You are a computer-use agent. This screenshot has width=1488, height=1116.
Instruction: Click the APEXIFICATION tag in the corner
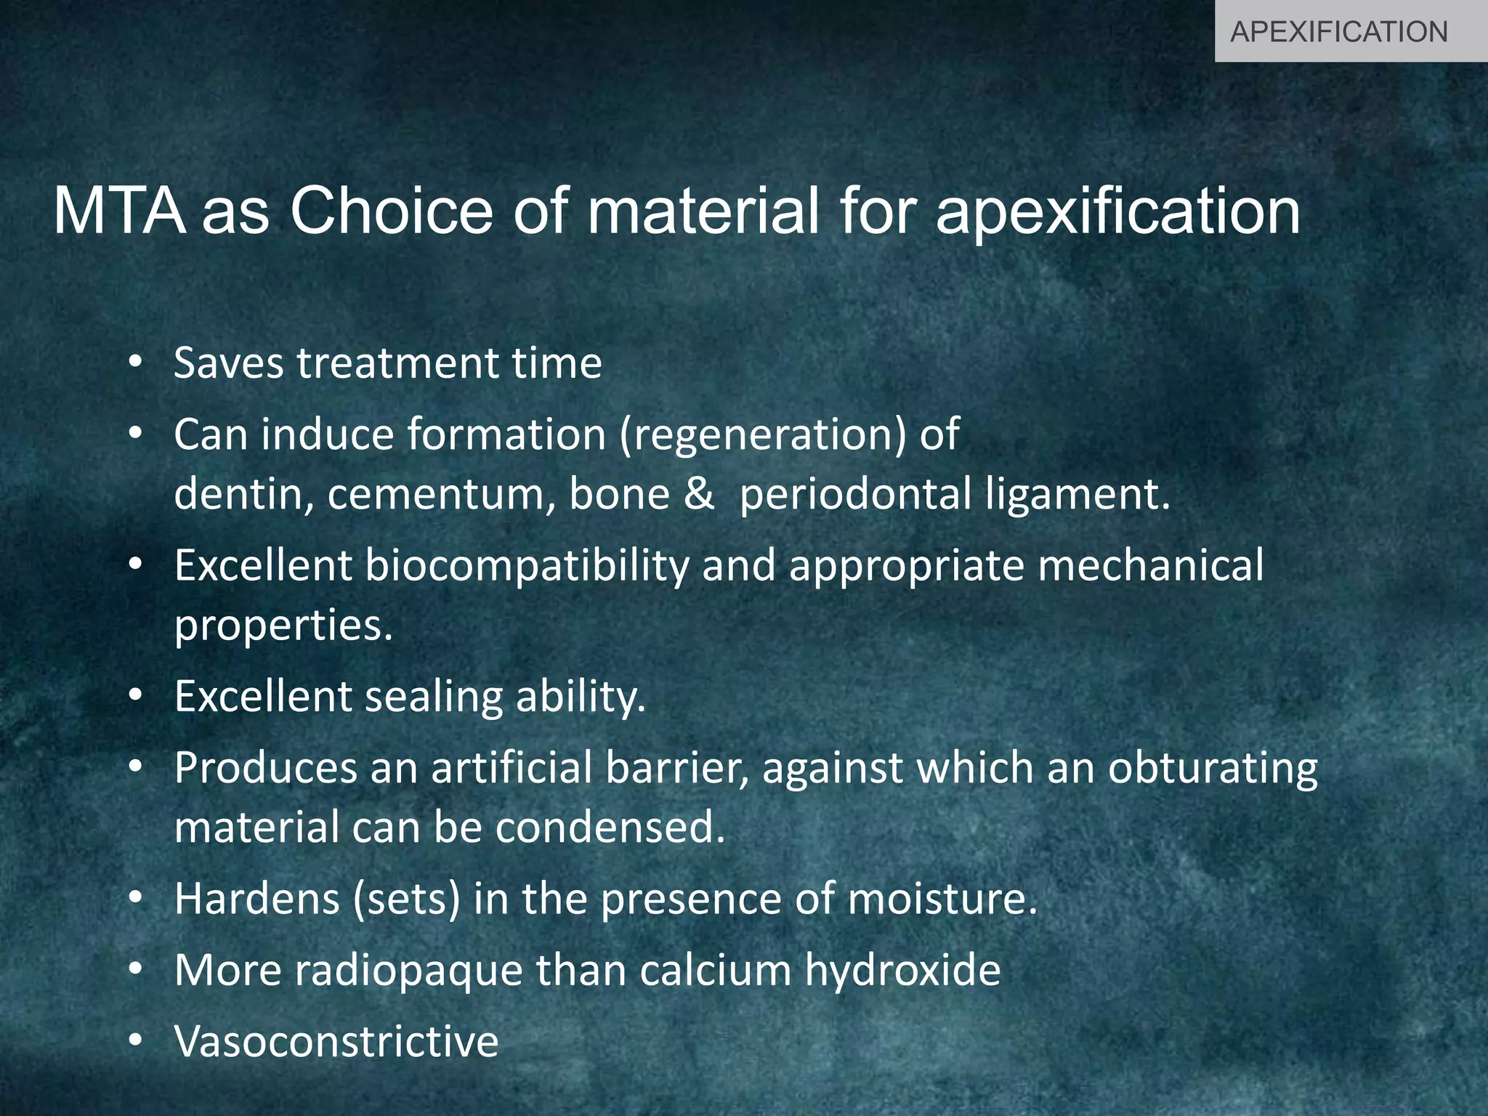[1338, 32]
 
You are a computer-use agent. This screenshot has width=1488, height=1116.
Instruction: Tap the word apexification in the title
[1117, 212]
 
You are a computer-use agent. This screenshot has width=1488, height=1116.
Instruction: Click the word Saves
[228, 363]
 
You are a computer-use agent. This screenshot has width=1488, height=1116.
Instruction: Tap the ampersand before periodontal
[699, 494]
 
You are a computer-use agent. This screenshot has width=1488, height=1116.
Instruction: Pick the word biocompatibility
[527, 567]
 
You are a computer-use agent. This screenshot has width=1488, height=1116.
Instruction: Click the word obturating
[1212, 769]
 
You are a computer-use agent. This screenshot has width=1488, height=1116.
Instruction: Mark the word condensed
[611, 828]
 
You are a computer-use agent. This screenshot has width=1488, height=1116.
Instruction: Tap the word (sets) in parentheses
[407, 899]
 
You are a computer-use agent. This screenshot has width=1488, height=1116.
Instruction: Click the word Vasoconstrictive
[336, 1041]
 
